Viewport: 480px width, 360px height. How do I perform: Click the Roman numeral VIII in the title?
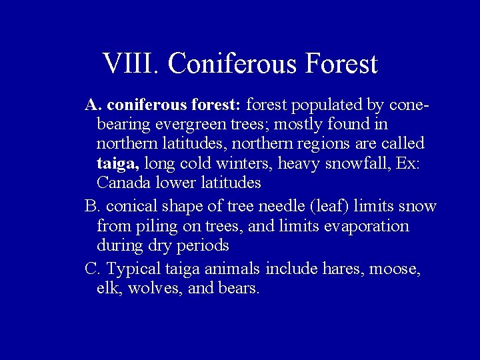(x=131, y=63)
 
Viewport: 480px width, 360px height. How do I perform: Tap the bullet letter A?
(x=91, y=105)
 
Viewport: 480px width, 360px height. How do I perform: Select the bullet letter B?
(x=91, y=207)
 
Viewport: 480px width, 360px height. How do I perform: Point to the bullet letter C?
(x=91, y=269)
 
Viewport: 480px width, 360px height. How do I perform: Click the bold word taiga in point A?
(x=117, y=163)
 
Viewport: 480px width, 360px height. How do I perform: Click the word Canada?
(x=122, y=182)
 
